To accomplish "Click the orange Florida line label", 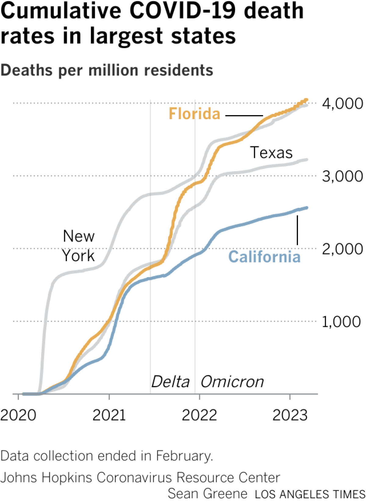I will click(x=194, y=114).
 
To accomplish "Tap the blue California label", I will click(x=264, y=257).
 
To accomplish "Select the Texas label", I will click(x=271, y=152).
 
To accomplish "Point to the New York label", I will click(x=79, y=246).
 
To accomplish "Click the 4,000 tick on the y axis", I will click(x=342, y=104).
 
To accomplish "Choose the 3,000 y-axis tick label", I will click(x=342, y=177).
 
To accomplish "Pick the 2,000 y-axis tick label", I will click(x=342, y=249).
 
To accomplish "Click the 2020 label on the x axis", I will click(x=18, y=415).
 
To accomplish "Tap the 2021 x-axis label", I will click(x=109, y=415).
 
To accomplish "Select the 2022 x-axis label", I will click(x=199, y=415).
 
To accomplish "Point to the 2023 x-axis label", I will click(x=290, y=415).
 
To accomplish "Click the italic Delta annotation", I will click(x=170, y=382).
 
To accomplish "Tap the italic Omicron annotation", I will click(x=232, y=382).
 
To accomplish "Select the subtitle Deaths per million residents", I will click(x=107, y=70).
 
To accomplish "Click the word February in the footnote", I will click(x=184, y=456).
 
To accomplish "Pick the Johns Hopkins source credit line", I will click(x=140, y=477).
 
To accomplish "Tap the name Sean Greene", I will click(x=207, y=494).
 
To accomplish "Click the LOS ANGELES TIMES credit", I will click(x=310, y=494).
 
